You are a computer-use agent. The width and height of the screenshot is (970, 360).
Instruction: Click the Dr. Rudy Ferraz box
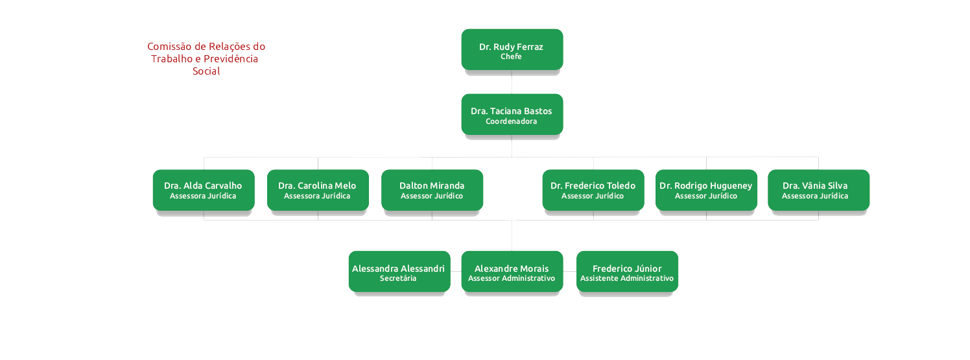click(x=512, y=49)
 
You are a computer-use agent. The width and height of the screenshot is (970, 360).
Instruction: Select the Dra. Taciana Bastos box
click(x=512, y=114)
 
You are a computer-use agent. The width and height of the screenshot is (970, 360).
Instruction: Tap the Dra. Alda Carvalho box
click(x=203, y=189)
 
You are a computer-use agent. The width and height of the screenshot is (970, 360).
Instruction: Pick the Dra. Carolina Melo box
click(x=317, y=189)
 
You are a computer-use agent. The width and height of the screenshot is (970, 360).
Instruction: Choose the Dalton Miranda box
click(x=432, y=189)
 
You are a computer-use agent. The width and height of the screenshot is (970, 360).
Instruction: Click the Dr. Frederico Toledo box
click(x=593, y=189)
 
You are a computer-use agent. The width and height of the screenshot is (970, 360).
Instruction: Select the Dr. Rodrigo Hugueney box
click(x=705, y=189)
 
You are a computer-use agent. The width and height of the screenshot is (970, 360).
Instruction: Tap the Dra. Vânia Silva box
click(x=818, y=189)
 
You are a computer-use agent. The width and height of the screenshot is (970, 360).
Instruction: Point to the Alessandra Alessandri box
click(x=399, y=271)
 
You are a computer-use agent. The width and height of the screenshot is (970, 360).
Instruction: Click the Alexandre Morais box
click(x=512, y=271)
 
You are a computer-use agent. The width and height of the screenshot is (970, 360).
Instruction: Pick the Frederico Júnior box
click(x=627, y=271)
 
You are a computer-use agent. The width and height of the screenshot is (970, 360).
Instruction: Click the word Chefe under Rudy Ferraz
click(x=511, y=57)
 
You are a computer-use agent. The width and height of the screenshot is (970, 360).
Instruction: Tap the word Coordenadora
click(x=511, y=122)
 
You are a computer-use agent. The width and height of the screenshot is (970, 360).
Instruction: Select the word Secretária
click(x=398, y=279)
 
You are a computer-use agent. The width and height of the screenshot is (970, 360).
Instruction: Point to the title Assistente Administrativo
click(x=627, y=279)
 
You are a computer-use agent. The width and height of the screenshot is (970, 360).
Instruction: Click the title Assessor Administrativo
click(x=512, y=279)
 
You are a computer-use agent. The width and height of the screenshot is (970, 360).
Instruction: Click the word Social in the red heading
click(x=206, y=71)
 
